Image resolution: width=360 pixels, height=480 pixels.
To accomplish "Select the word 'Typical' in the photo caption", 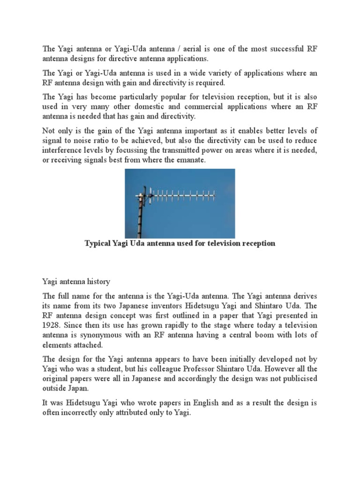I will point(100,244).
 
